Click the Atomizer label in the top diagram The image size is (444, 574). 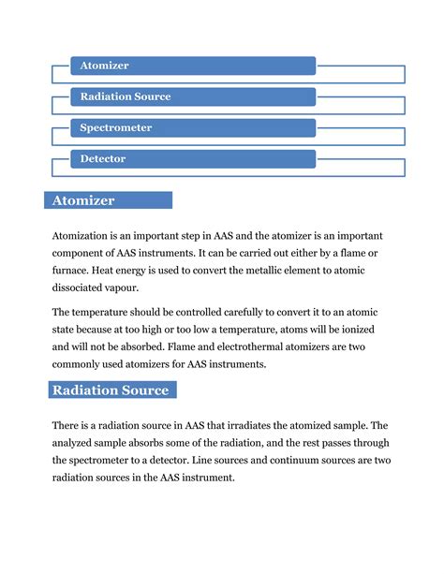(105, 66)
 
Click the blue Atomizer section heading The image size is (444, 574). (109, 200)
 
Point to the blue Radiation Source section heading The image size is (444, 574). (111, 390)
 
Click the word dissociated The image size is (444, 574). (85, 289)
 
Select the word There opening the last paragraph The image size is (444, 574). (69, 425)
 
